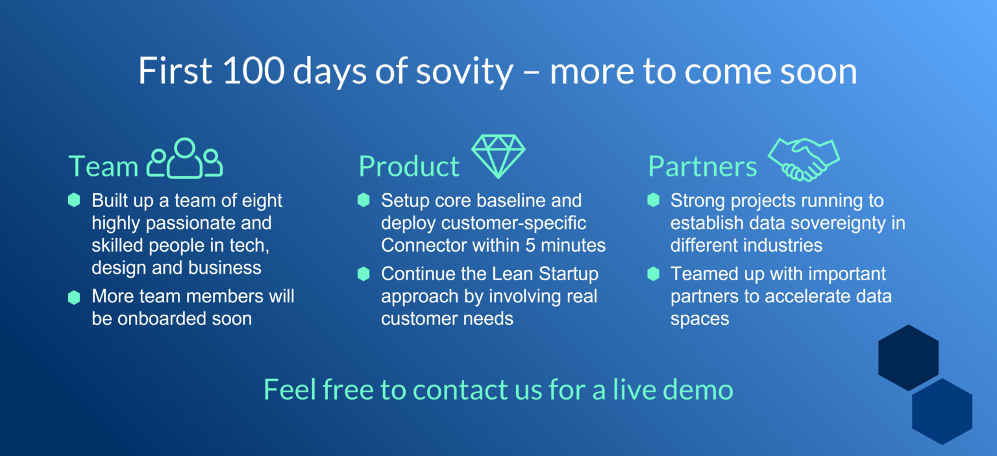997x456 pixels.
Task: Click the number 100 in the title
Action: [x=253, y=70]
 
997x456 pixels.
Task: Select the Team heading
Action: [x=103, y=167]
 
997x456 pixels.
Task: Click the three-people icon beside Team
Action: [x=185, y=158]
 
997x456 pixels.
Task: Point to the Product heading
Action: [x=409, y=167]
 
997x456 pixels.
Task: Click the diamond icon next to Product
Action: [x=498, y=156]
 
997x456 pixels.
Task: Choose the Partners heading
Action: [x=702, y=167]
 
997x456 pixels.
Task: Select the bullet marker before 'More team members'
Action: [x=74, y=297]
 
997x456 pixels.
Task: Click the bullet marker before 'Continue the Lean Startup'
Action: [x=363, y=274]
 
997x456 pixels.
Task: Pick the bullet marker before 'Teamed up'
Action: [x=654, y=274]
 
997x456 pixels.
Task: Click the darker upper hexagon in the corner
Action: [x=909, y=357]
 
